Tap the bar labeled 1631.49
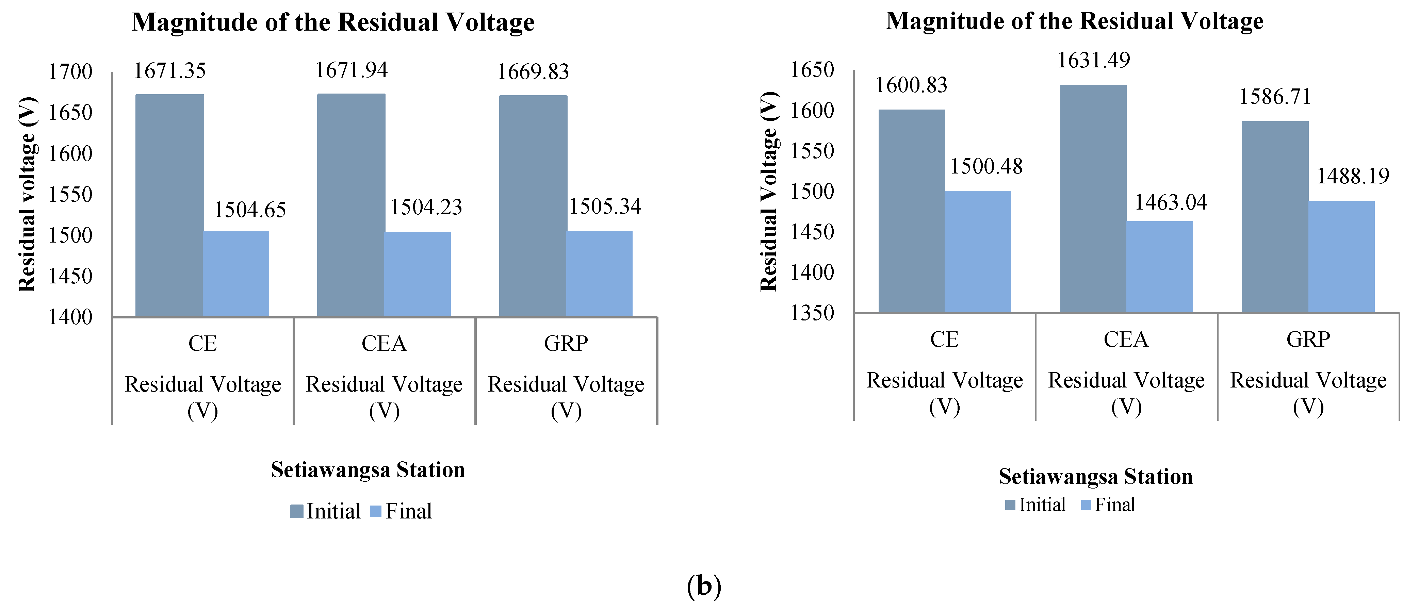click(1093, 198)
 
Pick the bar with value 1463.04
click(1160, 267)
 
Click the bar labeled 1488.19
click(1341, 257)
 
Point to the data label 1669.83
click(533, 72)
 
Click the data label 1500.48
click(986, 166)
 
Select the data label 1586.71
click(1275, 97)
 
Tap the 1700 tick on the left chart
click(70, 72)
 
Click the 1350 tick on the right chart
click(812, 313)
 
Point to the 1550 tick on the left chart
click(70, 195)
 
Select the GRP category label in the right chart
click(1308, 340)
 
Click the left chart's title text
click(333, 22)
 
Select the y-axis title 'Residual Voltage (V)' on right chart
click(769, 191)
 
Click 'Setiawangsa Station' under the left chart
click(368, 470)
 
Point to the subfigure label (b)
click(703, 586)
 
